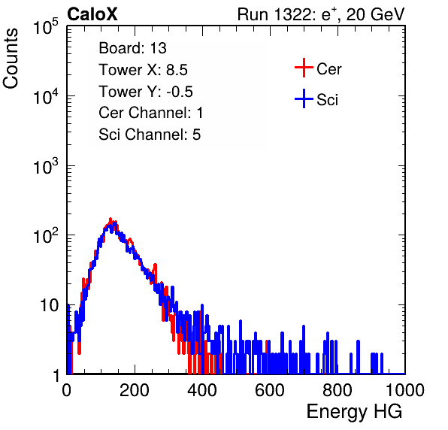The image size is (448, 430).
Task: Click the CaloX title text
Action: (92, 14)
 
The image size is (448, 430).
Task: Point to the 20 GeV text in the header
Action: (375, 15)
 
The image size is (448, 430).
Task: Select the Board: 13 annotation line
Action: (132, 48)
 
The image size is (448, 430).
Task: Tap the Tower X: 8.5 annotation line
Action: (143, 70)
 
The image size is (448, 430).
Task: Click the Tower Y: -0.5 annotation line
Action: (146, 92)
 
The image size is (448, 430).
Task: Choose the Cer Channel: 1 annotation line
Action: (151, 113)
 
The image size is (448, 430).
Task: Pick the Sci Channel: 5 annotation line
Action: (150, 135)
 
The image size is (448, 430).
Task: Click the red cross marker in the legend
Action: (304, 68)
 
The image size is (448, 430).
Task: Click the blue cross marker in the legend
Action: (304, 98)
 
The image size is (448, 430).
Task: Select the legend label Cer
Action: (328, 69)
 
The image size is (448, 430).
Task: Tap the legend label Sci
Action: (328, 100)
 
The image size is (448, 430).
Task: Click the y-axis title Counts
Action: (11, 59)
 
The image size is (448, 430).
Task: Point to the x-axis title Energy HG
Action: (354, 412)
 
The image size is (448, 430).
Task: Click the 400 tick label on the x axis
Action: (202, 390)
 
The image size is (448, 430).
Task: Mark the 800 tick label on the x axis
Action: (338, 390)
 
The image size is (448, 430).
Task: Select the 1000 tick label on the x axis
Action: (405, 390)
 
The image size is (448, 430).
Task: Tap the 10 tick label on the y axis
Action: (50, 306)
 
